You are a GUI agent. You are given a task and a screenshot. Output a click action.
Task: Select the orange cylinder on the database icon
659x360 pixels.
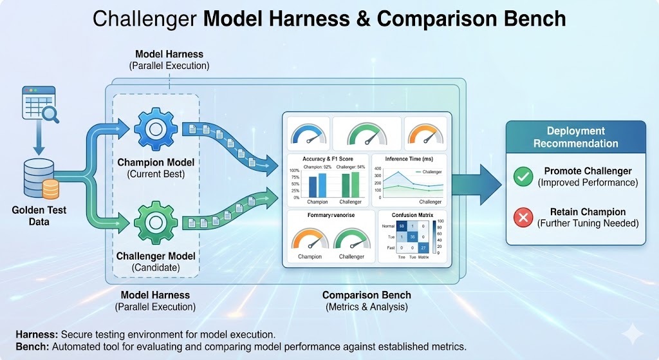(50, 189)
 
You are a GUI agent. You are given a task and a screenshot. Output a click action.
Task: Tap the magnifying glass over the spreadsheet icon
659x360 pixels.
(49, 114)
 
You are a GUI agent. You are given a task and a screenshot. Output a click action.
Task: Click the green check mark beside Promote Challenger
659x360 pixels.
(523, 176)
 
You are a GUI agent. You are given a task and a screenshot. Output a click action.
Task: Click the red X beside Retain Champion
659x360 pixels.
(523, 217)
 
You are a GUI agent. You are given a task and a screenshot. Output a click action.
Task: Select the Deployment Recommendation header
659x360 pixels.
(575, 137)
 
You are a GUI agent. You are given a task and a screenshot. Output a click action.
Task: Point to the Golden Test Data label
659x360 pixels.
(39, 216)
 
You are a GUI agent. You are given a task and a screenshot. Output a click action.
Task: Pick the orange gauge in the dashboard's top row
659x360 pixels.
(424, 133)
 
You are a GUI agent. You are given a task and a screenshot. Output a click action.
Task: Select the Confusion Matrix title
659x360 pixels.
(409, 216)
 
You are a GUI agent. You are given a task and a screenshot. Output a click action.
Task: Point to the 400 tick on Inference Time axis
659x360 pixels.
(378, 168)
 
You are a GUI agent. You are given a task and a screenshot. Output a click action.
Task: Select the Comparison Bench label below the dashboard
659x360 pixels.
(366, 295)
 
